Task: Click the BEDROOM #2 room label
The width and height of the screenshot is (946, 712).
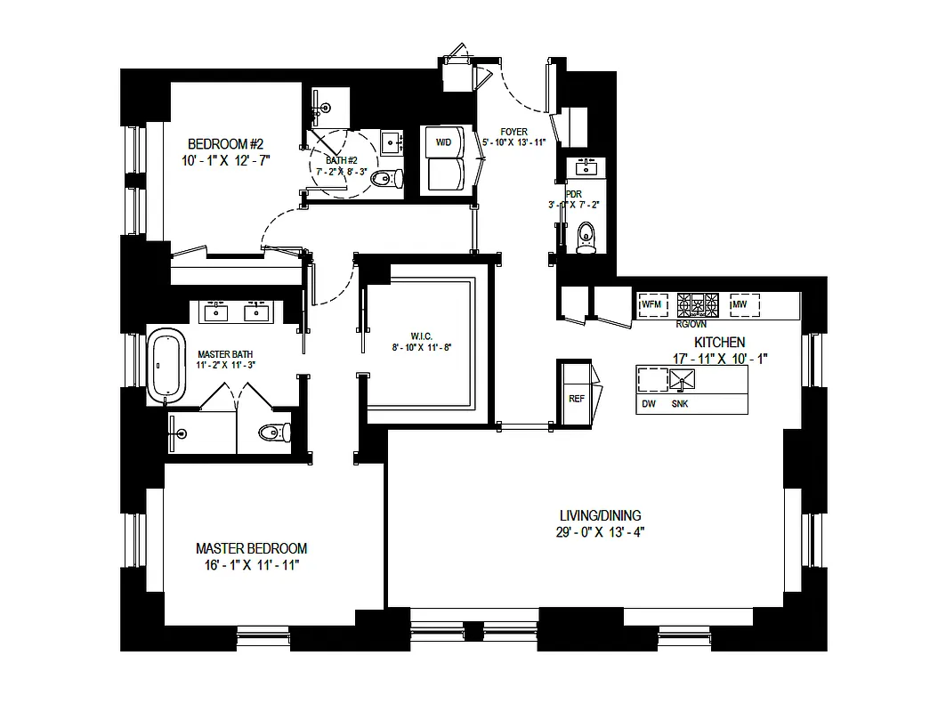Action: (225, 144)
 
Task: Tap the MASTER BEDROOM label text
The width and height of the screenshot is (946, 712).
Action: (251, 548)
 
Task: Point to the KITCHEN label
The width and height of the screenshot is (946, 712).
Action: (719, 342)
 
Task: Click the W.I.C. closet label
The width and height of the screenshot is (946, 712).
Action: (421, 336)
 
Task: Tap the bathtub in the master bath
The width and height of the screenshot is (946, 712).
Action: (166, 366)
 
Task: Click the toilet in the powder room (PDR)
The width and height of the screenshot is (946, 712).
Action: (586, 238)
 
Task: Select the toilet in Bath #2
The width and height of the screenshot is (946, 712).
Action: (384, 181)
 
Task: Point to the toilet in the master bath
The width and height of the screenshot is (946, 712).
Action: (274, 433)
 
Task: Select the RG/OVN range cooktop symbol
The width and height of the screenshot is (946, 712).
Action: (698, 306)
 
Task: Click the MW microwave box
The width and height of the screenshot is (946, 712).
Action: (744, 306)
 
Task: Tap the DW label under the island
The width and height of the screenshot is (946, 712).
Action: (648, 404)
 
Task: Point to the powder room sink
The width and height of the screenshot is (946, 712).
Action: (586, 167)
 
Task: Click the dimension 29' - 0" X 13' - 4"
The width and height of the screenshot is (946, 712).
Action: (599, 532)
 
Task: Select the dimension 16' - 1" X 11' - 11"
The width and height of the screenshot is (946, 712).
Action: (251, 565)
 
